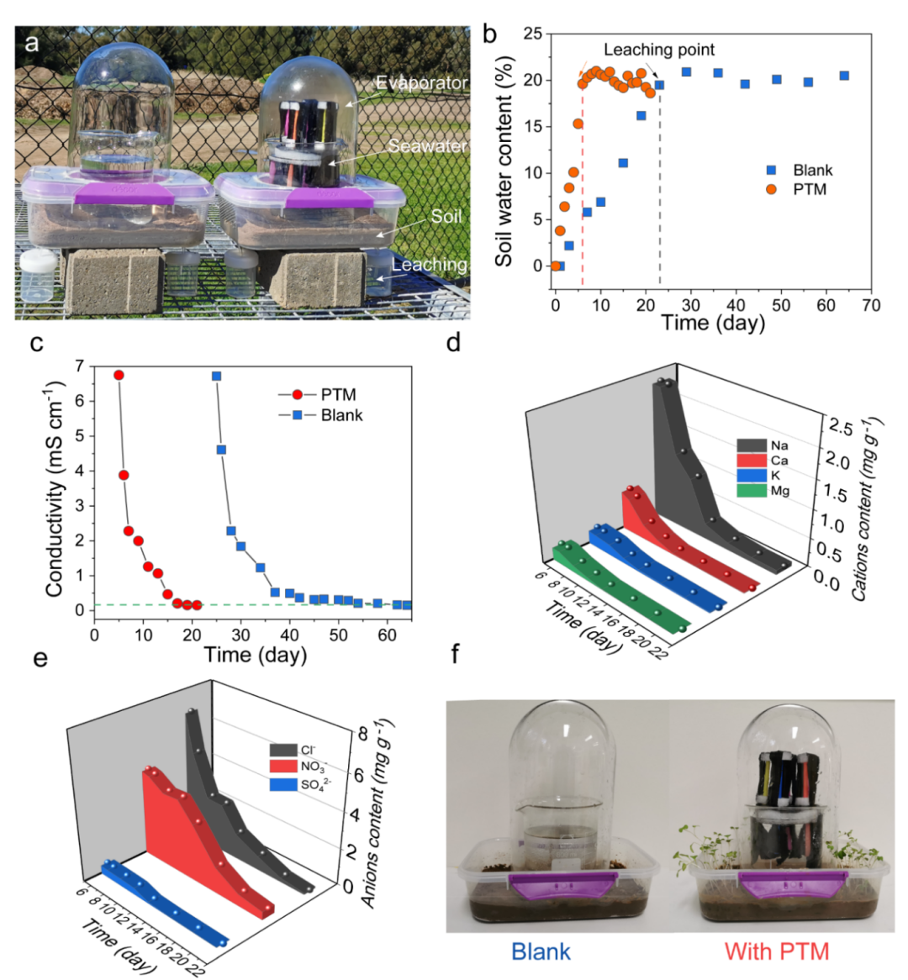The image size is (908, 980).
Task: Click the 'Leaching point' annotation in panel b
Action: click(x=659, y=50)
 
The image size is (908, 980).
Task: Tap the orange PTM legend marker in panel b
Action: click(x=771, y=189)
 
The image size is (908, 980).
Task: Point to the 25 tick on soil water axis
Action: click(x=531, y=34)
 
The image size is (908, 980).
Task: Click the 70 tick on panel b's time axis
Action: click(x=872, y=305)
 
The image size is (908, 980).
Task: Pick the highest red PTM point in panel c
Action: click(x=119, y=375)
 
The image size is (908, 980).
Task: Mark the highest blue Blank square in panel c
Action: click(x=216, y=376)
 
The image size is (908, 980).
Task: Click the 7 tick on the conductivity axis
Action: click(x=80, y=366)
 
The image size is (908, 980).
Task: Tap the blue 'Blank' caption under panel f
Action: click(x=541, y=951)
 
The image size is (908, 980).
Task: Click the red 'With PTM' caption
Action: click(x=776, y=951)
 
